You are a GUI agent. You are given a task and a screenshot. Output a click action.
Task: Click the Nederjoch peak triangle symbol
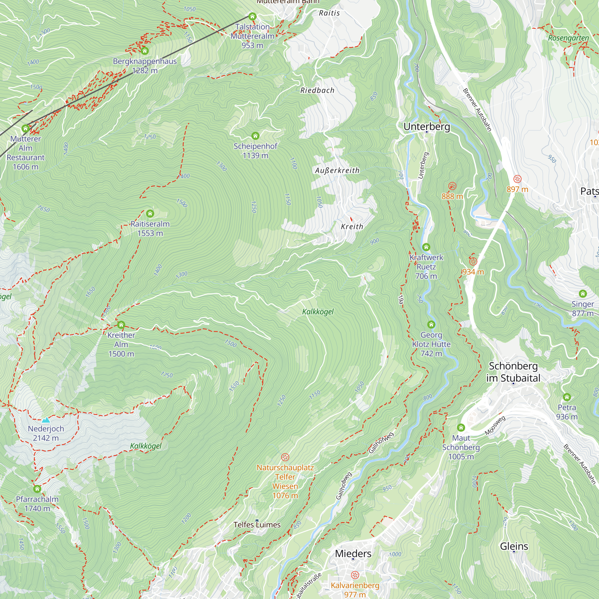tap(46, 420)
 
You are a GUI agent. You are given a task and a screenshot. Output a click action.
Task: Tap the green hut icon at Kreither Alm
tap(121, 325)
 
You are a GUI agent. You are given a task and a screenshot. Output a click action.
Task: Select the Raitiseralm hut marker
tap(150, 213)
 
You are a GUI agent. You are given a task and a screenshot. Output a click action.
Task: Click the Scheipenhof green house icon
tap(255, 136)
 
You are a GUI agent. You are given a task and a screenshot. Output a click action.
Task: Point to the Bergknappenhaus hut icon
tap(145, 51)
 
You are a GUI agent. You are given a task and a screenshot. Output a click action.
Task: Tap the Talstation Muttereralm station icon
tap(252, 16)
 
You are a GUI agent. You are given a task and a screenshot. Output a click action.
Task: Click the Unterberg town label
tap(426, 126)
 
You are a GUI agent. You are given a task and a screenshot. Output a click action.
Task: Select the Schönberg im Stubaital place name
tap(513, 372)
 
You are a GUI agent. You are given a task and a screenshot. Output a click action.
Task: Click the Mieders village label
tap(353, 553)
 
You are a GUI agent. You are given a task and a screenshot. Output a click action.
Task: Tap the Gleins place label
tap(514, 546)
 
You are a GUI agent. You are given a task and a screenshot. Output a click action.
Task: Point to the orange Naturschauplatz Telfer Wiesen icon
tap(285, 457)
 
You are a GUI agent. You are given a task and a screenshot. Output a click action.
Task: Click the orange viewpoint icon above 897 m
tap(518, 179)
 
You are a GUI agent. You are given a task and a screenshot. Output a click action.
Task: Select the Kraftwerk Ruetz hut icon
tap(426, 247)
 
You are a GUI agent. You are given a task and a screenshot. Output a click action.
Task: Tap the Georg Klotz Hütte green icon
tap(431, 325)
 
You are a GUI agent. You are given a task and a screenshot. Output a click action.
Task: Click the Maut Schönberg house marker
tap(461, 428)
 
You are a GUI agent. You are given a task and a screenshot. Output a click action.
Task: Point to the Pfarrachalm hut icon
tap(37, 489)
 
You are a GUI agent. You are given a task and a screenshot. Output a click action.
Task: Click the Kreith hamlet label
tap(352, 227)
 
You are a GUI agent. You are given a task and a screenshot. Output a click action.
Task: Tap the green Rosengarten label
tap(568, 38)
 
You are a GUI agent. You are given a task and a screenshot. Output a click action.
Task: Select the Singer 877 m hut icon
tap(583, 294)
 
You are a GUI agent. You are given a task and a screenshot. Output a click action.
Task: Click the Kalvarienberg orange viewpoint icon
tap(355, 575)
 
